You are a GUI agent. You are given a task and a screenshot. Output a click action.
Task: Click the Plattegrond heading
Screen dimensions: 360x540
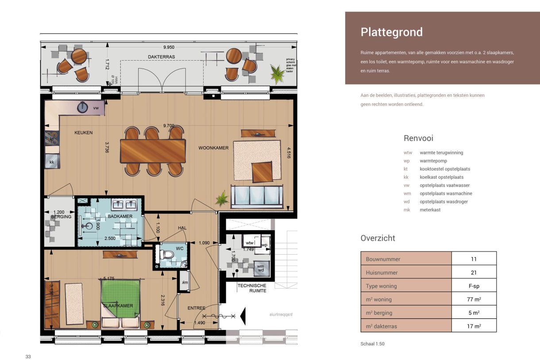pyautogui.click(x=391, y=32)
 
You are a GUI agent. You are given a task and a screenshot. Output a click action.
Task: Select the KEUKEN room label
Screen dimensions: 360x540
pyautogui.click(x=83, y=132)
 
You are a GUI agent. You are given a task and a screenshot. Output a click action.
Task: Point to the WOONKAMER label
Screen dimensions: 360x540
pyautogui.click(x=213, y=148)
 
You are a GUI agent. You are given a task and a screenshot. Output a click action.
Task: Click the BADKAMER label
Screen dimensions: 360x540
pyautogui.click(x=120, y=216)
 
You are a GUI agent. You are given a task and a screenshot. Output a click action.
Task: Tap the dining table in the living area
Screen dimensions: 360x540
pyautogui.click(x=153, y=151)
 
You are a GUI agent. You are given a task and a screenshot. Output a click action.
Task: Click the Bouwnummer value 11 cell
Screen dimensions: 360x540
pyautogui.click(x=474, y=259)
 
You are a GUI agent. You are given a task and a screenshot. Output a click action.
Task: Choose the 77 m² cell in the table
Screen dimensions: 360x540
pyautogui.click(x=474, y=299)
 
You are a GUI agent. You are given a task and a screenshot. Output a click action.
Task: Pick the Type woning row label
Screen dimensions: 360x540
pyautogui.click(x=381, y=286)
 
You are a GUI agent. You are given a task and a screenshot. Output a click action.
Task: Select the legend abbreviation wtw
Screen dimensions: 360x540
pyautogui.click(x=407, y=153)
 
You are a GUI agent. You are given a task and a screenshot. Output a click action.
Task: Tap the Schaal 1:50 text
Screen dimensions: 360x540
pyautogui.click(x=373, y=344)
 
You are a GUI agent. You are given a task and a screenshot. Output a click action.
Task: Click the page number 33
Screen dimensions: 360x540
pyautogui.click(x=28, y=356)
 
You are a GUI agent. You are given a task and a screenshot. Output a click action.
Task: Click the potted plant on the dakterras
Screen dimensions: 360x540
pyautogui.click(x=278, y=74)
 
